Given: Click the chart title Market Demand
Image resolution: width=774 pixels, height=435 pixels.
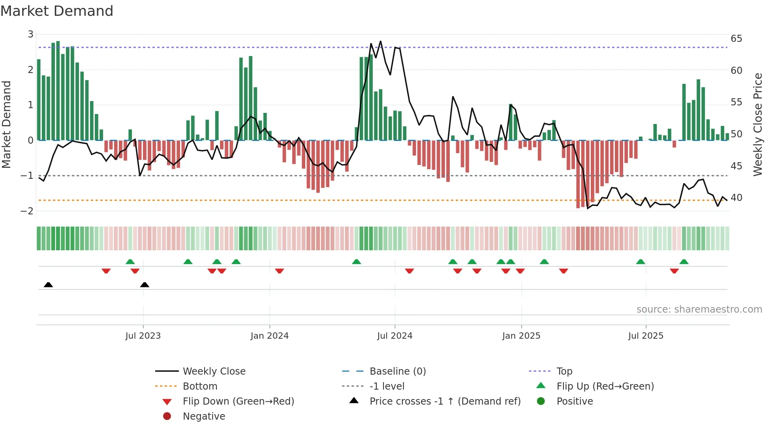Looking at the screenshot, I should [57, 11].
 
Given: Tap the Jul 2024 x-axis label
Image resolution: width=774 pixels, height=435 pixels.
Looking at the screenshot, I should [395, 336].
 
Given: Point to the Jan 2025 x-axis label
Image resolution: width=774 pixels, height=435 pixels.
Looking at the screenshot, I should [521, 336].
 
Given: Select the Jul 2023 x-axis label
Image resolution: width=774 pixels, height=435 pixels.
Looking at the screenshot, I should [143, 336].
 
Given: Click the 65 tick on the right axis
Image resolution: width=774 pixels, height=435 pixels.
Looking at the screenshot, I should [736, 39].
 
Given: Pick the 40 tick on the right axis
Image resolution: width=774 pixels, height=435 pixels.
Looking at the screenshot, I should [736, 198].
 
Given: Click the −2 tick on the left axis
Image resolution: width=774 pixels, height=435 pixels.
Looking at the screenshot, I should [27, 211].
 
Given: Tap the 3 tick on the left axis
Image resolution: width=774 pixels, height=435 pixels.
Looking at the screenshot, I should [30, 34].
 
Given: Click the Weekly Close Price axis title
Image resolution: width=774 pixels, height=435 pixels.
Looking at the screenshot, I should [757, 124].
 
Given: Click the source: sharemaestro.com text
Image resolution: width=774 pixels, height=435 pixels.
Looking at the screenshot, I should [699, 309].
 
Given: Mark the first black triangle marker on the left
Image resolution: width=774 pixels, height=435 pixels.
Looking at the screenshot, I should [48, 285].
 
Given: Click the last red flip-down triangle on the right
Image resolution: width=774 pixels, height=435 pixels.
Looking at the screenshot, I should [674, 271].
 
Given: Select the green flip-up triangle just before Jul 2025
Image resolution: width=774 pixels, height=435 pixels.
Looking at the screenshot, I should [641, 262].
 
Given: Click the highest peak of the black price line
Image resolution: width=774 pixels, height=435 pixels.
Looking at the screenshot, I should [380, 41].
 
